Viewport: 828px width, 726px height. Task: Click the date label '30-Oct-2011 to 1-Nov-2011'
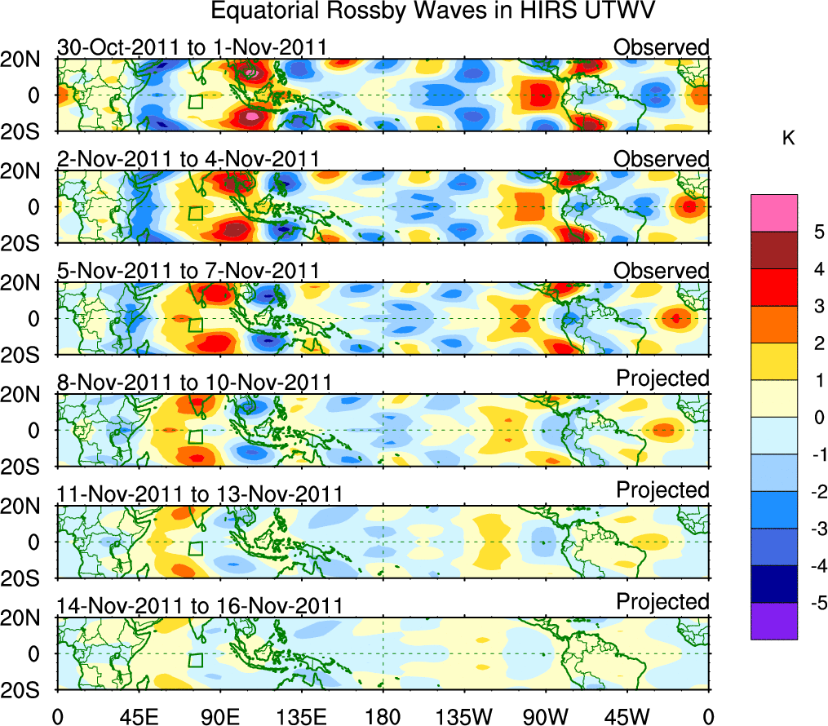pyautogui.click(x=192, y=47)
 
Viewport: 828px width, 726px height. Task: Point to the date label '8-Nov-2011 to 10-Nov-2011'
pyautogui.click(x=194, y=383)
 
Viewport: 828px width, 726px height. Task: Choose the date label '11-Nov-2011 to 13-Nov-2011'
pyautogui.click(x=199, y=494)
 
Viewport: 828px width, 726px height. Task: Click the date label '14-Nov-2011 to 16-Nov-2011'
pyautogui.click(x=199, y=606)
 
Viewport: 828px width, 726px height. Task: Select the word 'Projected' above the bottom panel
pyautogui.click(x=662, y=602)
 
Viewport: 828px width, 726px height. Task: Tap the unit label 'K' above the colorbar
pyautogui.click(x=788, y=139)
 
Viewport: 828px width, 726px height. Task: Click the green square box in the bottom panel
pyautogui.click(x=195, y=661)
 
